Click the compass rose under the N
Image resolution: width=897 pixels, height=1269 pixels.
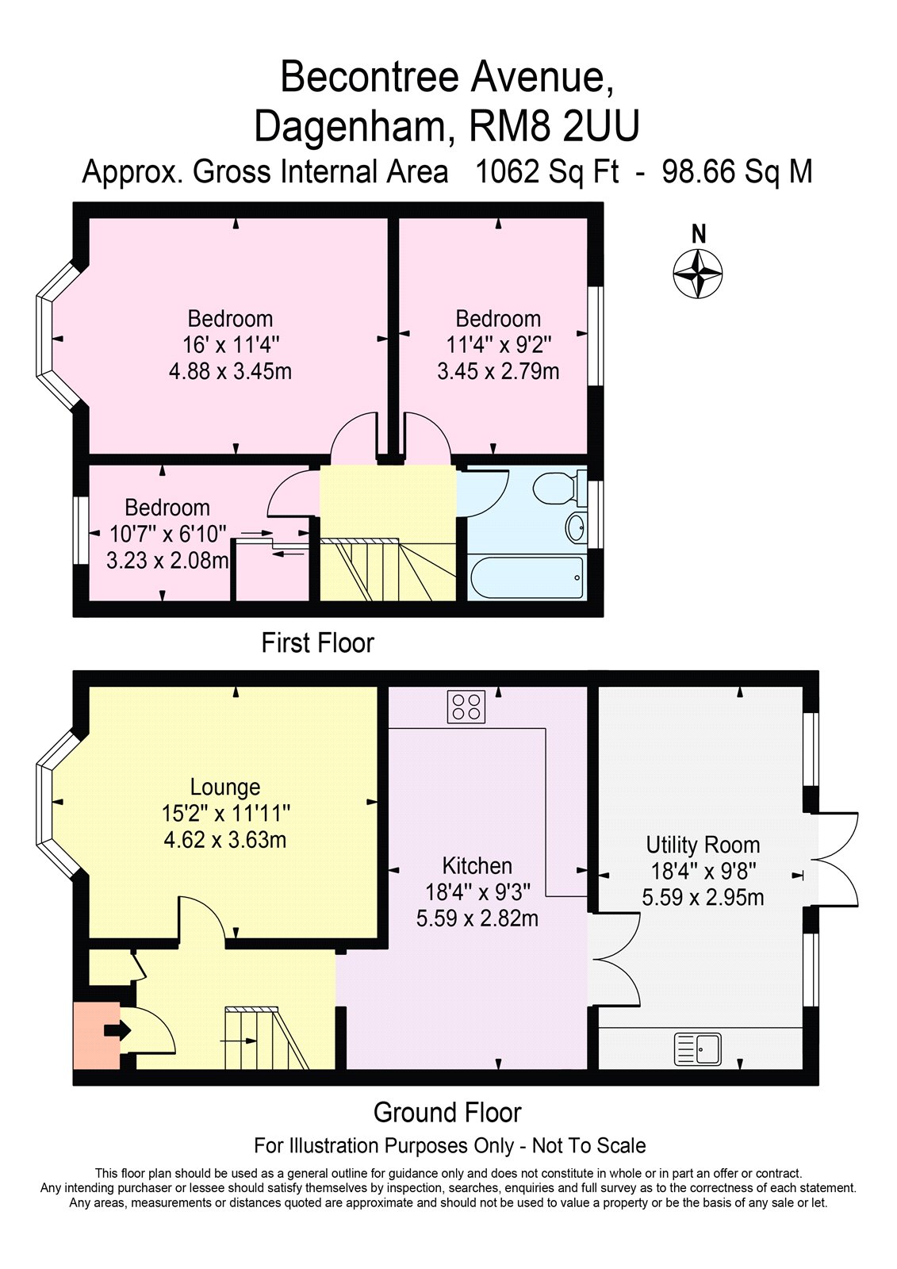(x=698, y=274)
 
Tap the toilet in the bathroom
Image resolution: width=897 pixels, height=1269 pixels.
(x=556, y=487)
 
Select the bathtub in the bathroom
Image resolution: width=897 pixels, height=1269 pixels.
(x=527, y=577)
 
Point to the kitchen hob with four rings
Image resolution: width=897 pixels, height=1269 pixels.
(x=466, y=707)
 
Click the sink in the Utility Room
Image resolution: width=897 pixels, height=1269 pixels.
(x=698, y=1049)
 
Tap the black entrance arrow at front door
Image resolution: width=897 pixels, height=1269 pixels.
(x=117, y=1030)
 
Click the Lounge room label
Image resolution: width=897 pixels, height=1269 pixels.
(x=225, y=787)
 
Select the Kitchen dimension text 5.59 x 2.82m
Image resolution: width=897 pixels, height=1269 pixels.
(x=477, y=918)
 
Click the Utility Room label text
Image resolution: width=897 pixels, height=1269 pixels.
(x=703, y=845)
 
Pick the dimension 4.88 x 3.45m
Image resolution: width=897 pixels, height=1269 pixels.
(x=230, y=370)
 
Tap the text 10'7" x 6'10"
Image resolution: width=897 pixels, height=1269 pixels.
(x=168, y=534)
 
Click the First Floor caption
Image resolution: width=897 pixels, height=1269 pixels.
(x=317, y=642)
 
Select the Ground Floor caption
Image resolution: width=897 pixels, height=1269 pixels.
(x=447, y=1113)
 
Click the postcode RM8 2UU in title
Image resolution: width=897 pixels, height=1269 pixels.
(x=554, y=127)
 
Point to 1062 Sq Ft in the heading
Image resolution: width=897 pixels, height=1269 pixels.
(x=546, y=172)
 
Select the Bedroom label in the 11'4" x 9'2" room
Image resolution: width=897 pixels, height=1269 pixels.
(x=498, y=319)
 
